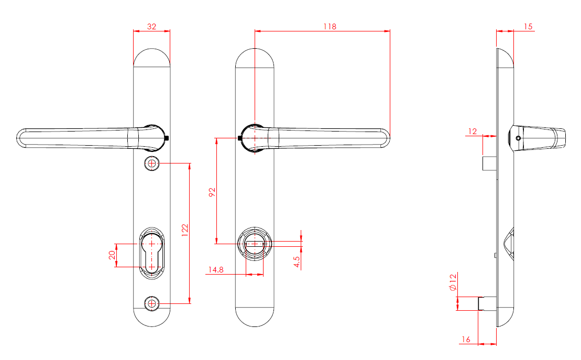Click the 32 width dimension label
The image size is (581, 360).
(x=151, y=26)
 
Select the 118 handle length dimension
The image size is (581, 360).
(x=329, y=26)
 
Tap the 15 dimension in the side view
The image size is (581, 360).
(x=528, y=26)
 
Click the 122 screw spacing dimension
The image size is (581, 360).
(x=185, y=231)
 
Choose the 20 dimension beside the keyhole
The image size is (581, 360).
(x=112, y=255)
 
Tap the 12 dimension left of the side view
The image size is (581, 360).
(x=473, y=131)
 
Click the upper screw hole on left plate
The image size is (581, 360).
(x=151, y=163)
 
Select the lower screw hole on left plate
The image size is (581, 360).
(x=151, y=303)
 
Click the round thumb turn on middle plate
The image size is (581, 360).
(x=255, y=244)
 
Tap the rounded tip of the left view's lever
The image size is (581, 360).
(x=22, y=138)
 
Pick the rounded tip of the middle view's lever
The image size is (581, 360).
(x=385, y=138)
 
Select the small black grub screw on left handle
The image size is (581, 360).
(x=166, y=138)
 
